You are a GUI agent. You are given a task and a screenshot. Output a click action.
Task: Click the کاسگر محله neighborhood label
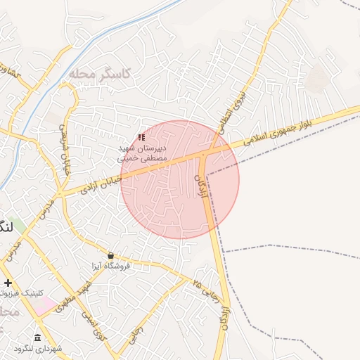(x=98, y=73)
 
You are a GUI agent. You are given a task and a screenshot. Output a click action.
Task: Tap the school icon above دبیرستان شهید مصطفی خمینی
(x=141, y=138)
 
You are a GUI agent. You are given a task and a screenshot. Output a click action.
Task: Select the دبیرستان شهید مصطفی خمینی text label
(x=141, y=154)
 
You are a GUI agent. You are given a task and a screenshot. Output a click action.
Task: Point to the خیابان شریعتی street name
(x=65, y=141)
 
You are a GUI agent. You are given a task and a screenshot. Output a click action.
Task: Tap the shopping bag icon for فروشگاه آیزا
(x=110, y=255)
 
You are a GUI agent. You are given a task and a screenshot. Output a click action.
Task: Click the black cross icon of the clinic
(x=8, y=283)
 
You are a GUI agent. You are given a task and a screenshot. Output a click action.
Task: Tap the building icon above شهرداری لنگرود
(x=37, y=337)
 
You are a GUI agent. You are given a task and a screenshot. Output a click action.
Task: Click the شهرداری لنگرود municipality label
(x=37, y=349)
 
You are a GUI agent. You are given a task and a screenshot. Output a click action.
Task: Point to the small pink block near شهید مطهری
(x=46, y=304)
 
